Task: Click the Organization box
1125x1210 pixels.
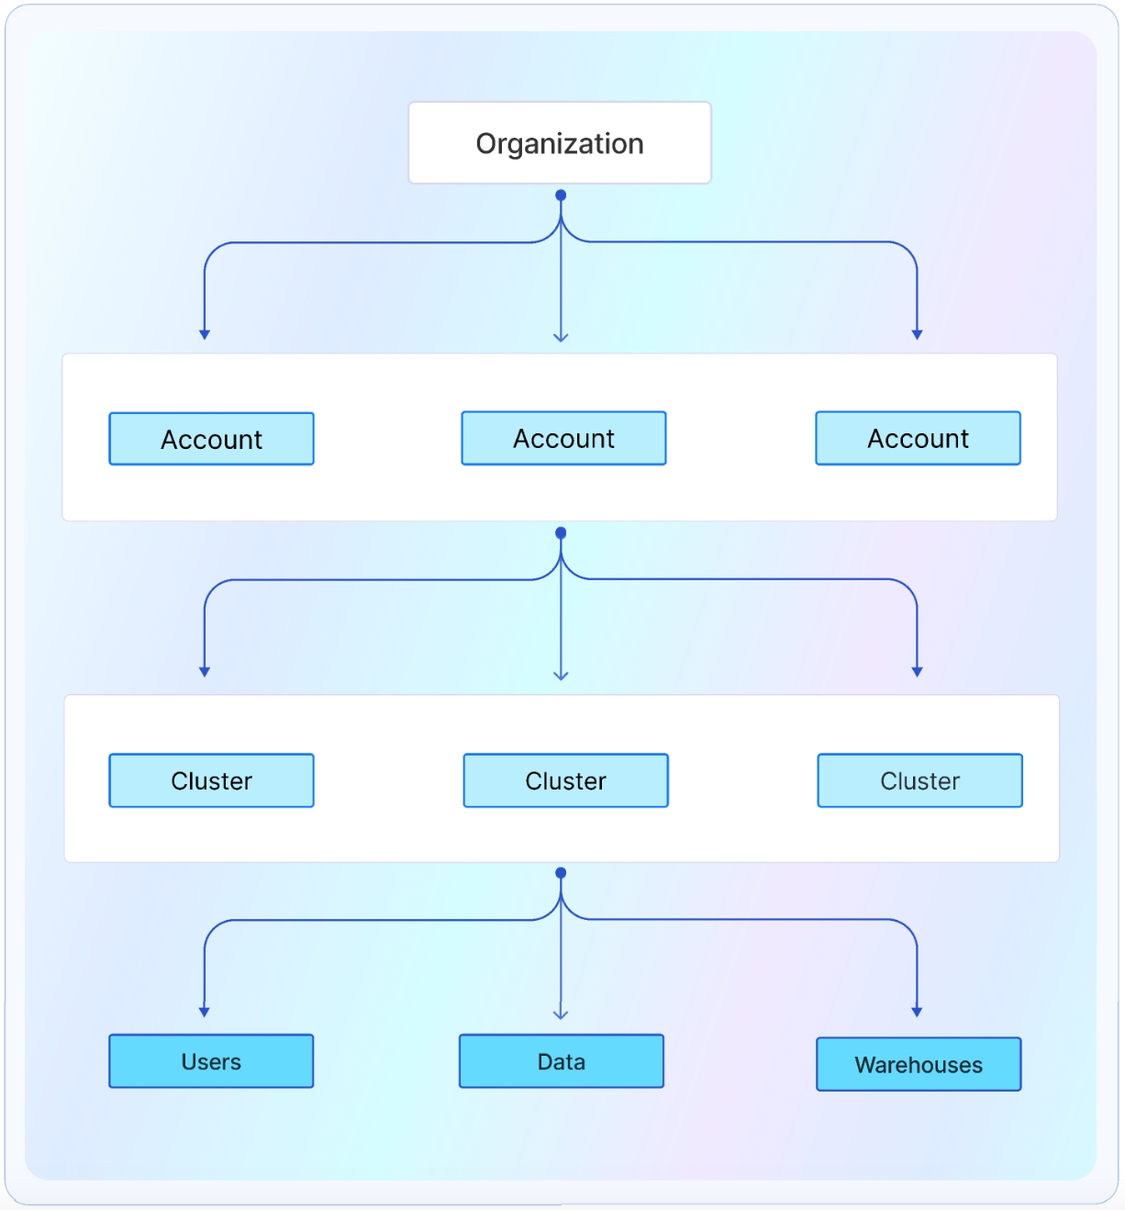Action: tap(560, 143)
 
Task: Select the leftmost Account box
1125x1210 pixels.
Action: tap(211, 439)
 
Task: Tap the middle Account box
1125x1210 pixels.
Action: tap(563, 438)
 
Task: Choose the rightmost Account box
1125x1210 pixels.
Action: tap(918, 438)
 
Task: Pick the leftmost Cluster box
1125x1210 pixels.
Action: tap(211, 780)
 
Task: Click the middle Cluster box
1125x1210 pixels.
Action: tap(565, 780)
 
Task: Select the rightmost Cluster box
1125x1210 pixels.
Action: tap(919, 780)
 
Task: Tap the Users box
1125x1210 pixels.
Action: tap(211, 1061)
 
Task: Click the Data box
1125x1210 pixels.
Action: tap(561, 1061)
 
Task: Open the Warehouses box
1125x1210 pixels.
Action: tap(919, 1064)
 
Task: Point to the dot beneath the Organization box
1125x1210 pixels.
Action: tap(561, 196)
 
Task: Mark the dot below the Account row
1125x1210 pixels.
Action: tap(561, 533)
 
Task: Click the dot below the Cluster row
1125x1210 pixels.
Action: tap(561, 873)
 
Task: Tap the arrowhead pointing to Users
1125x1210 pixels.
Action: tap(205, 1012)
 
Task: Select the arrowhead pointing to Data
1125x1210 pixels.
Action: tap(561, 1014)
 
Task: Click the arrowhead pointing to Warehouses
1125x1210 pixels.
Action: tap(917, 1012)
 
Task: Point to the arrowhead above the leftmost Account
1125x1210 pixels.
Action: tap(205, 335)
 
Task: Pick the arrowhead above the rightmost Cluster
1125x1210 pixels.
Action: tap(917, 672)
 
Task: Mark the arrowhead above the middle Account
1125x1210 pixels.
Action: tap(561, 337)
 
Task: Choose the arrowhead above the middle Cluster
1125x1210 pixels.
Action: tap(561, 675)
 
